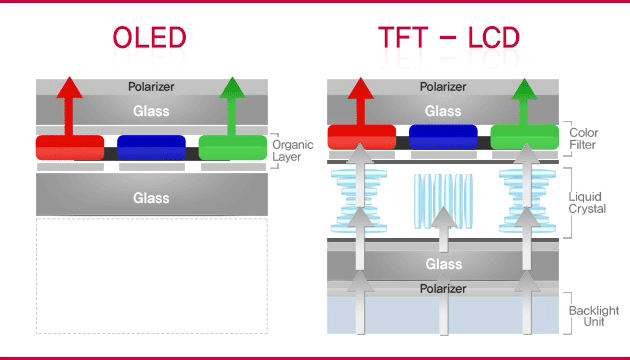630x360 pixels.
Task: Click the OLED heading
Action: [150, 37]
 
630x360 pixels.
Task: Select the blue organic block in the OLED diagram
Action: [151, 147]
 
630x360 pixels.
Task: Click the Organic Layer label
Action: [292, 150]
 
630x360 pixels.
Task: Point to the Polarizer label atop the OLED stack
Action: [151, 87]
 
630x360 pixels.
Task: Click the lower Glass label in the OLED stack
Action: [151, 198]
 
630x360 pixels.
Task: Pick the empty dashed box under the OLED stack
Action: [151, 275]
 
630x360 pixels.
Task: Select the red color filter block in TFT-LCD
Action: [361, 138]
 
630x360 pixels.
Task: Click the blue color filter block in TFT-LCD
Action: [443, 138]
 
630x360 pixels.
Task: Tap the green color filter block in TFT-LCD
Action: [524, 138]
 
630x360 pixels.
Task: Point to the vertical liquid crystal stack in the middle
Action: [443, 203]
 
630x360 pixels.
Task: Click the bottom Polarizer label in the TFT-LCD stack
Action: [443, 288]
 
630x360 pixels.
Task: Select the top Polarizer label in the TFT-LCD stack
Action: [443, 87]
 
